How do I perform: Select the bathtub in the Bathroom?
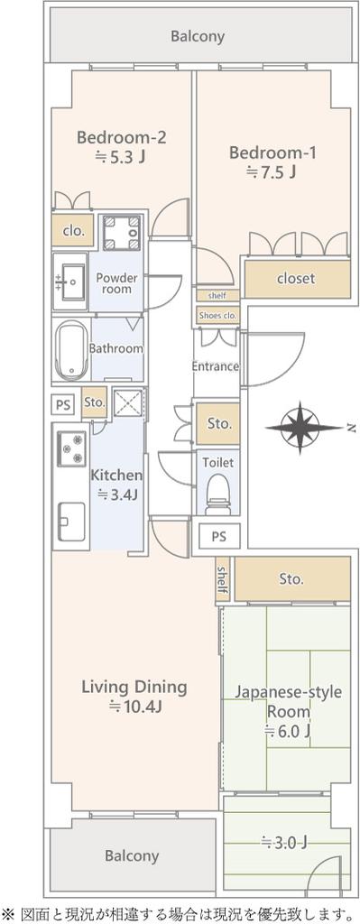click(x=71, y=351)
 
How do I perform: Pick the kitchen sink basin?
click(x=71, y=522)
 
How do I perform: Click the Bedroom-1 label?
click(x=272, y=153)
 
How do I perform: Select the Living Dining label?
click(x=134, y=687)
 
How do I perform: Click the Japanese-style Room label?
click(x=289, y=701)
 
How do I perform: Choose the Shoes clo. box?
click(x=218, y=316)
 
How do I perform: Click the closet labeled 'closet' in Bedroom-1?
click(x=296, y=278)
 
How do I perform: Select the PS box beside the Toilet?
click(x=219, y=537)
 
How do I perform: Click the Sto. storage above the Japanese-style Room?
click(x=292, y=578)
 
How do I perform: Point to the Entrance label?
click(x=215, y=366)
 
